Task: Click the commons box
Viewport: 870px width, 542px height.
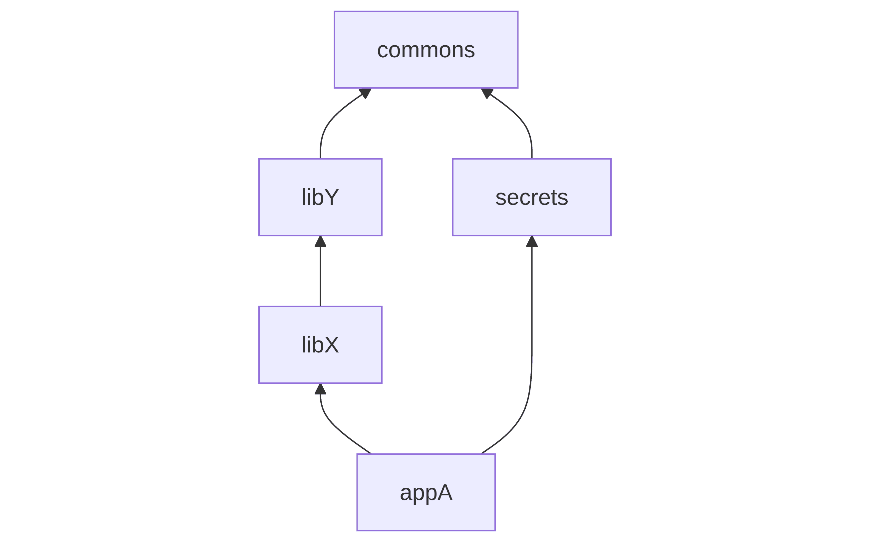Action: pyautogui.click(x=426, y=49)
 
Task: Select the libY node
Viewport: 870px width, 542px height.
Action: pyautogui.click(x=320, y=197)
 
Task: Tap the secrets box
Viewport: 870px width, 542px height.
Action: pyautogui.click(x=531, y=197)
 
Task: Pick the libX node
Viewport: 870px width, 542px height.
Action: pyautogui.click(x=320, y=345)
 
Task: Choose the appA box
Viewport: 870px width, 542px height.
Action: pyautogui.click(x=426, y=492)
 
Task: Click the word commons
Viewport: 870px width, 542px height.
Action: pyautogui.click(x=426, y=50)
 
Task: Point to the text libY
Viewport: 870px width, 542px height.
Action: pyautogui.click(x=320, y=197)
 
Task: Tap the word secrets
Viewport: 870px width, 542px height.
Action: pyautogui.click(x=531, y=198)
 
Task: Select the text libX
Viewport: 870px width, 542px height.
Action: pyautogui.click(x=320, y=345)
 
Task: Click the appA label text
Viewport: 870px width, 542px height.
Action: pyautogui.click(x=426, y=493)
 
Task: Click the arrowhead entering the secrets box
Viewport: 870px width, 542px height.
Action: pyautogui.click(x=531, y=241)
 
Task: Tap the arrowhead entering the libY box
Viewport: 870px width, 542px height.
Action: pyautogui.click(x=320, y=241)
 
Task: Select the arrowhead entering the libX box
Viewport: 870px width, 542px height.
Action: pyautogui.click(x=320, y=389)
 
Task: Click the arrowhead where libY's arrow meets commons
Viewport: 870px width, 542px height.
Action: pyautogui.click(x=366, y=93)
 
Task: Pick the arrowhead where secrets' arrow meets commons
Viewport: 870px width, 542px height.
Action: pyautogui.click(x=486, y=93)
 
